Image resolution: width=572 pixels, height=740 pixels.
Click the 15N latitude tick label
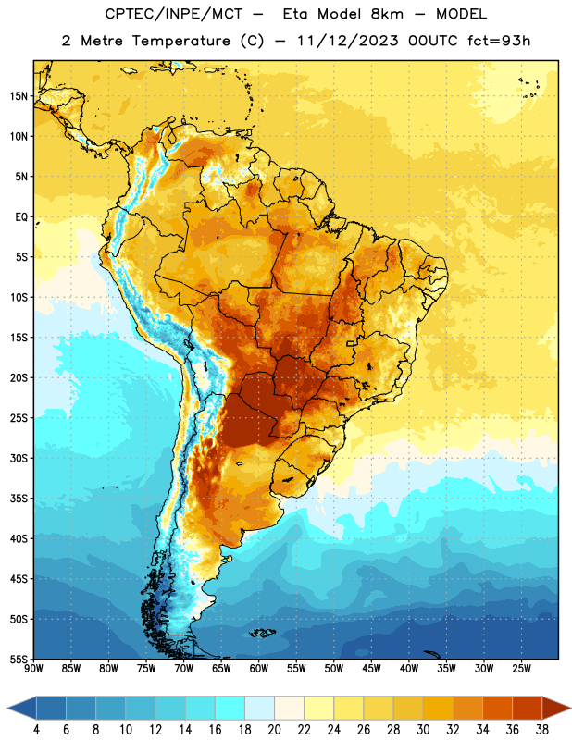pyautogui.click(x=19, y=96)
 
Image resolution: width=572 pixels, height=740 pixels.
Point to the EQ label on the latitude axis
pyautogui.click(x=21, y=217)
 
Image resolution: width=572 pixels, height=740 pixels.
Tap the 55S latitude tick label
pyautogui.click(x=19, y=660)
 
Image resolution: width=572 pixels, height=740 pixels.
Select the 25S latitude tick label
pyautogui.click(x=19, y=418)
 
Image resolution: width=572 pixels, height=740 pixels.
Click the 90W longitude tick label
pyautogui.click(x=33, y=669)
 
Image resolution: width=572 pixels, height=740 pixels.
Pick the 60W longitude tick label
pyautogui.click(x=259, y=669)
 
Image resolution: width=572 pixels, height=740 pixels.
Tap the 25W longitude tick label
pyautogui.click(x=521, y=669)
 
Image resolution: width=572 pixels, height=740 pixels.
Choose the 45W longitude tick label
pyautogui.click(x=371, y=669)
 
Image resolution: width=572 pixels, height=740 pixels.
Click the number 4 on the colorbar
pyautogui.click(x=36, y=730)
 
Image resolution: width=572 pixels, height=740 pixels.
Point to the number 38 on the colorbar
pyautogui.click(x=541, y=730)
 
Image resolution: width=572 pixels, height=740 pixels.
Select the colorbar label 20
pyautogui.click(x=274, y=730)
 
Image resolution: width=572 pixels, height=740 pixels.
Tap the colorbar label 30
pyautogui.click(x=423, y=730)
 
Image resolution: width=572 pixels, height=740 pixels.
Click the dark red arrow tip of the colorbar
pyautogui.click(x=570, y=708)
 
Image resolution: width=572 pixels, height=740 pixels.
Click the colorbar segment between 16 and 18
pyautogui.click(x=230, y=708)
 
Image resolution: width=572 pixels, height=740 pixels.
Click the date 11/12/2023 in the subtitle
pyautogui.click(x=348, y=41)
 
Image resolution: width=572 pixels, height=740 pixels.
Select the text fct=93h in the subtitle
pyautogui.click(x=499, y=41)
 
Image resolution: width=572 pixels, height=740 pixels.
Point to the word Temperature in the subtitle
pyautogui.click(x=181, y=42)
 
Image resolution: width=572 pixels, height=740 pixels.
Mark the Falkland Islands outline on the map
pyautogui.click(x=263, y=633)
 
